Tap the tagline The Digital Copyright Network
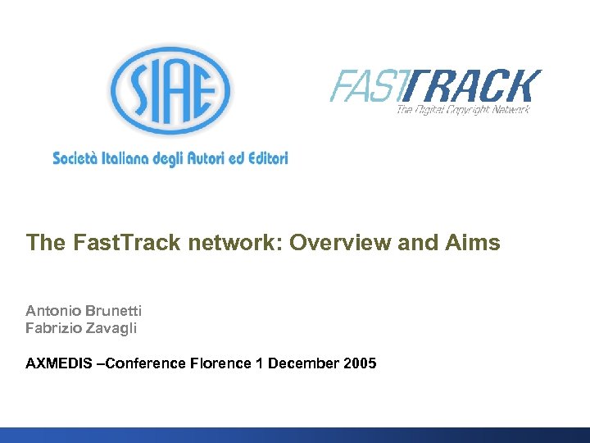point(463,109)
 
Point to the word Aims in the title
point(473,243)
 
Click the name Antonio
point(53,310)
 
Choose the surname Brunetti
point(113,310)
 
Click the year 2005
point(361,363)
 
